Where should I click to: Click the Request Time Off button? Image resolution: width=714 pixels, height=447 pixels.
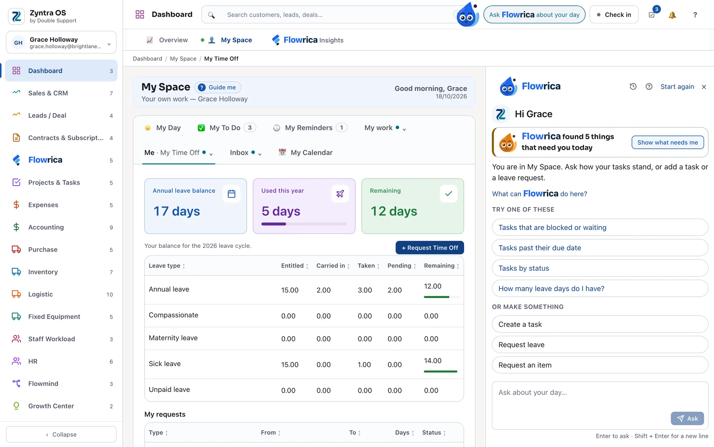point(429,247)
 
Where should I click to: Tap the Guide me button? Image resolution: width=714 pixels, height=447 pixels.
point(218,87)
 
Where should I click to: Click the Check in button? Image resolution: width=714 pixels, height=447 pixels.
point(614,15)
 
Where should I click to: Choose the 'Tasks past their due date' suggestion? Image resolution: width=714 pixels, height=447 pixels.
point(600,248)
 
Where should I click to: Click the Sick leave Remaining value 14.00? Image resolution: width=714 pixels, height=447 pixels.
point(433,361)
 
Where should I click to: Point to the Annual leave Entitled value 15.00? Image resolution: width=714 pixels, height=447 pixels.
point(290,290)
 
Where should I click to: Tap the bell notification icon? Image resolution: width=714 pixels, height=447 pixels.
point(672,15)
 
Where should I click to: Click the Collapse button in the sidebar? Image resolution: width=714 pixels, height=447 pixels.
point(61,434)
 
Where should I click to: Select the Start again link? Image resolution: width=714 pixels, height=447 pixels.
point(677,87)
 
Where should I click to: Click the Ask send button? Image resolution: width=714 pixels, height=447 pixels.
point(687,418)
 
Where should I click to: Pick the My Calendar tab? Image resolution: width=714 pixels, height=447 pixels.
point(306,153)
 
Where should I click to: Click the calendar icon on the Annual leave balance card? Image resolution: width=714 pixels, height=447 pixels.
point(232,194)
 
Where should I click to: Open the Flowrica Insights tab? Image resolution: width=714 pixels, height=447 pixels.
point(307,40)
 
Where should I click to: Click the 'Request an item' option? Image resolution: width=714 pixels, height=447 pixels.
point(600,365)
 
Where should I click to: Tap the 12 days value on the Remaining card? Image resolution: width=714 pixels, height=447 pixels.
point(394,211)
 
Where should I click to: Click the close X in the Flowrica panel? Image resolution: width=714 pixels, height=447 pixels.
point(704,87)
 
